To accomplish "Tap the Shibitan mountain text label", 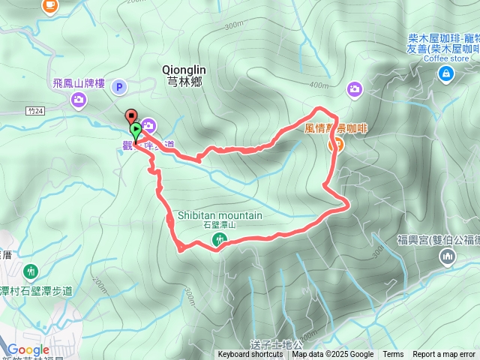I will click(220, 215).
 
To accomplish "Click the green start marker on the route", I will click(136, 128).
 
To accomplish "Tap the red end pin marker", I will click(132, 117).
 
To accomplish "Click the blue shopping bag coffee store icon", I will click(447, 73).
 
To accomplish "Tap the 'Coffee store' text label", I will click(446, 58).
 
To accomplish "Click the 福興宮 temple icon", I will click(448, 257).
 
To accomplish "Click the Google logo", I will click(28, 349).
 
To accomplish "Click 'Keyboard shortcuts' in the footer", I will click(250, 355).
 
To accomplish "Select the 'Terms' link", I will click(393, 355).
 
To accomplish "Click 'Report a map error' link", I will click(444, 355).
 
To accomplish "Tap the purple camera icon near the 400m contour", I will click(354, 90).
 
